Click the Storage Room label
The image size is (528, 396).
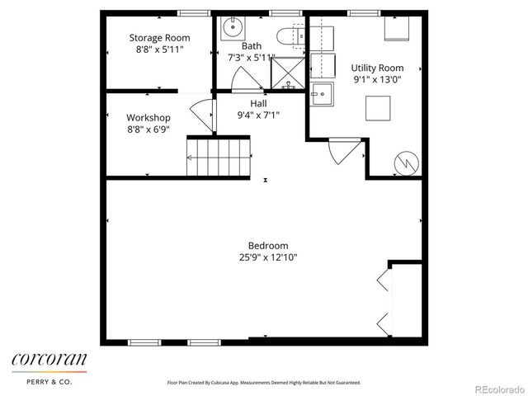pyautogui.click(x=159, y=38)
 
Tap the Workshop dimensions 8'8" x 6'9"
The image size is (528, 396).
pyautogui.click(x=148, y=130)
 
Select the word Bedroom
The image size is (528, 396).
pyautogui.click(x=268, y=245)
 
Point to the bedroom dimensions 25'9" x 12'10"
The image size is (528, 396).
pyautogui.click(x=268, y=257)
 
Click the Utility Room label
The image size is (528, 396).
pyautogui.click(x=377, y=68)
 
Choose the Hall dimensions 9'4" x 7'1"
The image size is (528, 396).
pyautogui.click(x=258, y=115)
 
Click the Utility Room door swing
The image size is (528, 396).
pyautogui.click(x=342, y=151)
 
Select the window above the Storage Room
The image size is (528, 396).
pyautogui.click(x=193, y=12)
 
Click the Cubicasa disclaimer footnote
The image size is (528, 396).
pyautogui.click(x=264, y=383)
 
